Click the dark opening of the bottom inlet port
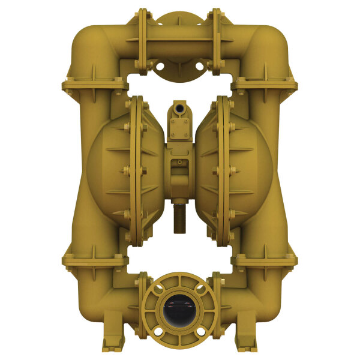click(179, 310)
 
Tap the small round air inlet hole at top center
click(179, 110)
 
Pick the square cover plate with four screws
click(179, 127)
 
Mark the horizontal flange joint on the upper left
click(94, 85)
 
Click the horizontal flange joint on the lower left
click(94, 260)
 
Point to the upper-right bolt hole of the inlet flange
click(202, 289)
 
